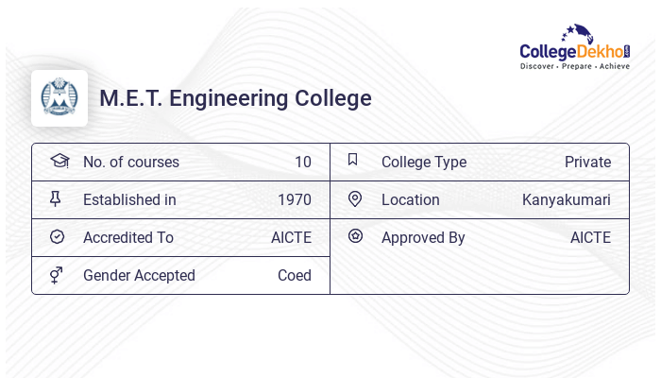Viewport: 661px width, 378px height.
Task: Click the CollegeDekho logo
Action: (x=574, y=49)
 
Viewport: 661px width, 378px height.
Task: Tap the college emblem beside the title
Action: (x=59, y=98)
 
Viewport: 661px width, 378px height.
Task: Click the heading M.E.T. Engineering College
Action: (x=235, y=98)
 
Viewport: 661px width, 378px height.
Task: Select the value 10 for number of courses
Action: (x=302, y=163)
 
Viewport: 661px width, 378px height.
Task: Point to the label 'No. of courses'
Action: (x=130, y=163)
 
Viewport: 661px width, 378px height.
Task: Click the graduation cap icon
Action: (x=59, y=161)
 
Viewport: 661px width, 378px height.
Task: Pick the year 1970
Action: (x=294, y=200)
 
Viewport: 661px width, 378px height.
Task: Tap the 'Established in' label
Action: (x=129, y=200)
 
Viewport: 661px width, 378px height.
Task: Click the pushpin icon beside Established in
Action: (x=56, y=199)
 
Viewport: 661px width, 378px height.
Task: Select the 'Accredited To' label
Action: (x=127, y=238)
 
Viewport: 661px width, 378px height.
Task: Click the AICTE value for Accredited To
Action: (x=291, y=238)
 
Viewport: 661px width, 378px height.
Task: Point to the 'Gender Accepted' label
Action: (x=139, y=276)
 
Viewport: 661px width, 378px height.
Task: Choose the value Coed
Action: (x=294, y=276)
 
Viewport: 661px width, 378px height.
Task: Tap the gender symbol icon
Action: (x=57, y=275)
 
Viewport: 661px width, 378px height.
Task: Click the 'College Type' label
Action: (x=423, y=163)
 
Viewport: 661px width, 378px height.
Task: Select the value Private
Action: (x=587, y=163)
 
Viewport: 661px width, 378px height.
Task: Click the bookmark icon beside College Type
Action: (x=353, y=161)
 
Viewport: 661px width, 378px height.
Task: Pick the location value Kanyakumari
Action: (x=566, y=200)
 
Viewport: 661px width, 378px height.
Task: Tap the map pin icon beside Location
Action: (x=355, y=199)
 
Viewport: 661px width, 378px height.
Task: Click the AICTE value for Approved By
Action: (x=590, y=238)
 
